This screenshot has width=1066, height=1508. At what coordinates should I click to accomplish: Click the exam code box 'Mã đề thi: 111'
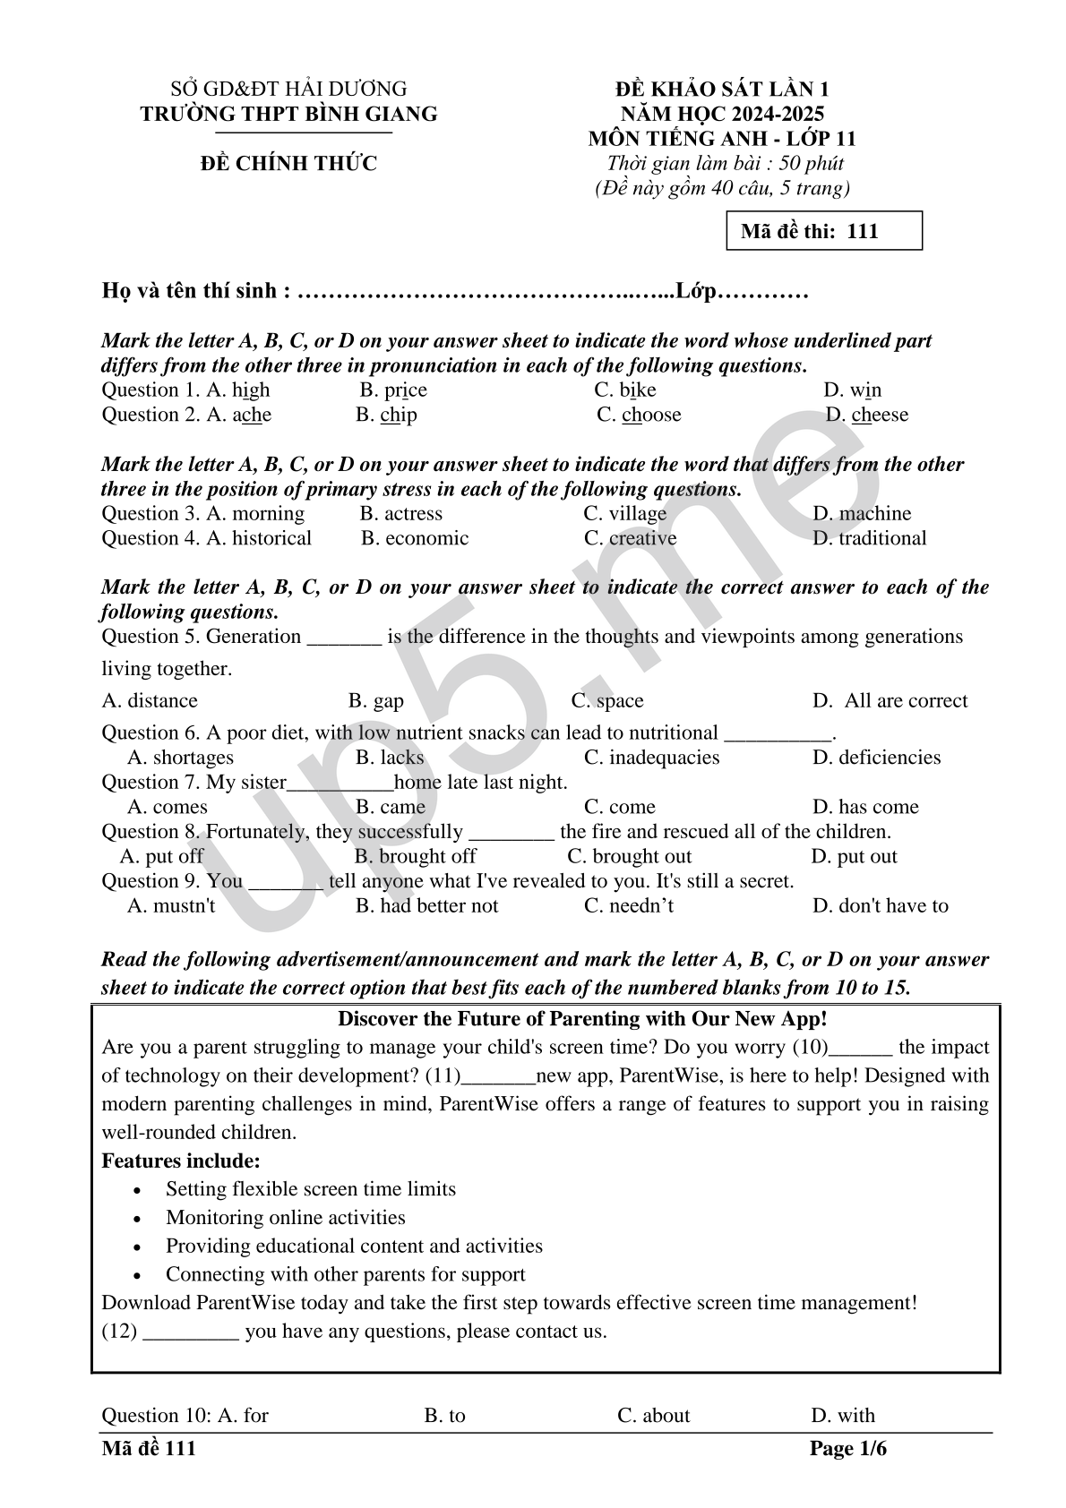point(823,231)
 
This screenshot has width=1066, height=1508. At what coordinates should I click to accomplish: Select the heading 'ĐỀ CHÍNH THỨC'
point(288,163)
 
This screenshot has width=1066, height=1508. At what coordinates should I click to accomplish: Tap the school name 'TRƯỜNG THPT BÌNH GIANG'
point(288,114)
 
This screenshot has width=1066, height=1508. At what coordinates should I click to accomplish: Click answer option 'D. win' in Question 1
point(852,390)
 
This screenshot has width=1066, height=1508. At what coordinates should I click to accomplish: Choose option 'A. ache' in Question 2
point(238,416)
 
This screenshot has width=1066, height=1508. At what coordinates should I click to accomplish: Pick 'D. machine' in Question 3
point(861,514)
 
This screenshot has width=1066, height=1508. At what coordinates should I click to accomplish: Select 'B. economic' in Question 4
point(415,539)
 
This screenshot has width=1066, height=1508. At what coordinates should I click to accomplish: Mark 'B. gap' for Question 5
point(376,701)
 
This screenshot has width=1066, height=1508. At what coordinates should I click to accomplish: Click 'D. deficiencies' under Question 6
point(876,758)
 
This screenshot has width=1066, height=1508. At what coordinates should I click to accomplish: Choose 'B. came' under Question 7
point(391,807)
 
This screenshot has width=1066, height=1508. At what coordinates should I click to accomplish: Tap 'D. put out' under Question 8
point(854,857)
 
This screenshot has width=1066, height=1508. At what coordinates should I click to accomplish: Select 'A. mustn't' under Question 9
point(171,906)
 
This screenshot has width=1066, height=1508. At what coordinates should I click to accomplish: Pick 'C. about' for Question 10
point(654,1416)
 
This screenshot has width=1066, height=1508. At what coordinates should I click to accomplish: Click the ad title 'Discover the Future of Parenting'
point(582,1019)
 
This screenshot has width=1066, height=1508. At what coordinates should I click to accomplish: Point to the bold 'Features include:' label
point(181,1161)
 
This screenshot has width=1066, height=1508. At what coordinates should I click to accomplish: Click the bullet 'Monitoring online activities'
point(285,1218)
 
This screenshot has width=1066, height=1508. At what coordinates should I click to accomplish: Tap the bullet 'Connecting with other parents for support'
point(345,1274)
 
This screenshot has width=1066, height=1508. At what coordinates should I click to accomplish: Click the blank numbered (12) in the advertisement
point(191,1332)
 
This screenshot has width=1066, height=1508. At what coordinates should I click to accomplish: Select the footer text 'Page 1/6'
point(847,1449)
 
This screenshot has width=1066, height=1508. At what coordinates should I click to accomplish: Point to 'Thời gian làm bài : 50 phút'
point(725,164)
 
